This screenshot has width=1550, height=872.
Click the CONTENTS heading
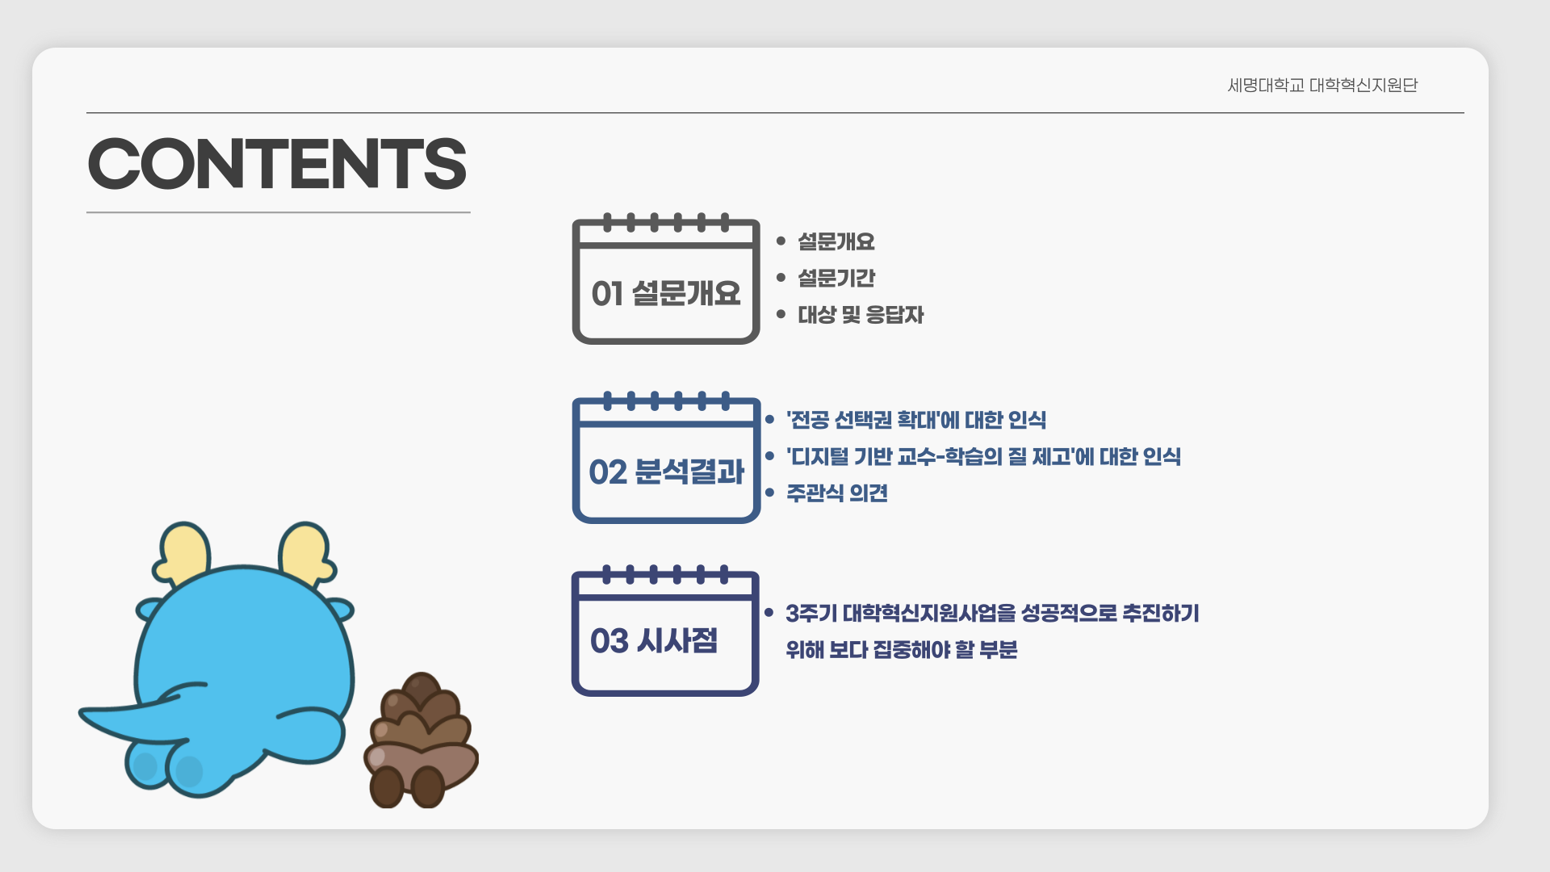[277, 164]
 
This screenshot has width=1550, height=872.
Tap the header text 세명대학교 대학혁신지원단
[1322, 85]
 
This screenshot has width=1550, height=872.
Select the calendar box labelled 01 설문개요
[666, 279]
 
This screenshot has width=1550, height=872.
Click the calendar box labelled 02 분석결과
[666, 457]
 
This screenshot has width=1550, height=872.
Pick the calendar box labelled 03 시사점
[665, 631]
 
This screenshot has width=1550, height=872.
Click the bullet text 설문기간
[836, 278]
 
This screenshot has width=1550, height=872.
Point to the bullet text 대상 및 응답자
[861, 314]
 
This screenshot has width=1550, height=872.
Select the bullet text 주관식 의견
[837, 493]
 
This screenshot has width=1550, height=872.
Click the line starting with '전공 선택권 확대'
[916, 420]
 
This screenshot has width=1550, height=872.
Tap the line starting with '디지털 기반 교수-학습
[983, 456]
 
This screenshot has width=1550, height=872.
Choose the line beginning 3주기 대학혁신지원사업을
[992, 613]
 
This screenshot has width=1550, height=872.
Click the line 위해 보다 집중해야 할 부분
[901, 649]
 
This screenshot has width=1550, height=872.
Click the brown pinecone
[421, 740]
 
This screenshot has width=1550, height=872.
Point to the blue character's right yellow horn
[306, 553]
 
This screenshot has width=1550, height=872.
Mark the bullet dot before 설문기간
[781, 278]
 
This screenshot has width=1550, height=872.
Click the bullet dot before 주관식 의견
[769, 493]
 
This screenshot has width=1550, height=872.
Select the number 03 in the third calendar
[609, 641]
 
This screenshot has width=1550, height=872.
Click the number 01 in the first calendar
[607, 294]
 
